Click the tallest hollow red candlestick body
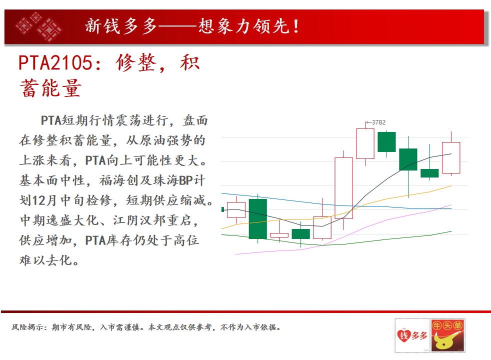[343, 188]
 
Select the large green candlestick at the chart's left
[257, 219]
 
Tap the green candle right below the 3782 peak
[386, 142]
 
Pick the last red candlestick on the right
[451, 157]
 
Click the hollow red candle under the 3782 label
[365, 143]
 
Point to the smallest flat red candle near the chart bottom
[279, 235]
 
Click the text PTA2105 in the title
[55, 62]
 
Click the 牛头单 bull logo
[447, 335]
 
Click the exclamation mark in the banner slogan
[296, 26]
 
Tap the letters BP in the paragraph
[185, 180]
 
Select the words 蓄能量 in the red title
[50, 88]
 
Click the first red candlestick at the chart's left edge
[236, 209]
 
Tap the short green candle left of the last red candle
[429, 173]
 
